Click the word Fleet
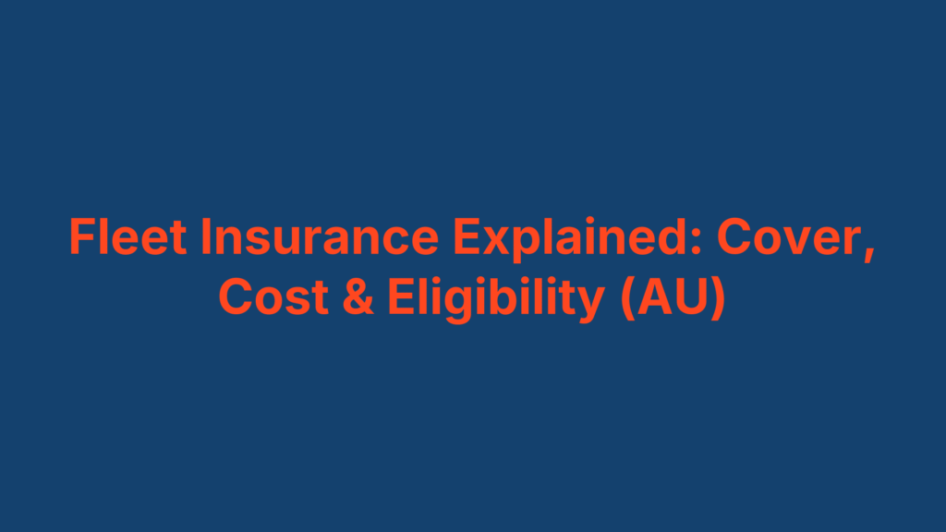(127, 238)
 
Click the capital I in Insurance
(208, 238)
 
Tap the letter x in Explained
(494, 242)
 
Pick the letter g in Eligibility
(458, 303)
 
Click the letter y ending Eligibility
(592, 303)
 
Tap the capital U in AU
(691, 297)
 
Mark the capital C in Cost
(234, 297)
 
